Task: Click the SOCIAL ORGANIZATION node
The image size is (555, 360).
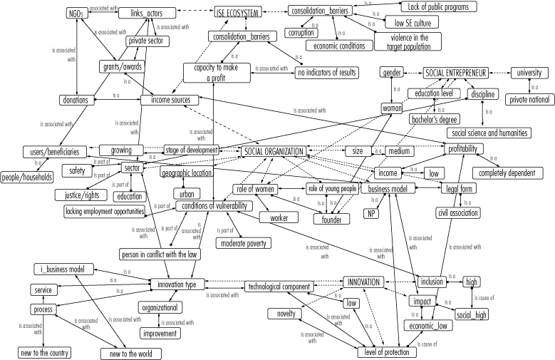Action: (274, 151)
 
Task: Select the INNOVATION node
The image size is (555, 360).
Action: (363, 282)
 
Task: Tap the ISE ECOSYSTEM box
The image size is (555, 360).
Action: (238, 12)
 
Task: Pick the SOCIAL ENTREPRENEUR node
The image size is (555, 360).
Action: (456, 73)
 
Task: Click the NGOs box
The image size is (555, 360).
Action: (76, 14)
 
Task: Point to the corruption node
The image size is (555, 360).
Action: (301, 33)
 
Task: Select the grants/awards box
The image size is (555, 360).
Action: (123, 67)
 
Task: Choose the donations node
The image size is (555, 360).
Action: (76, 100)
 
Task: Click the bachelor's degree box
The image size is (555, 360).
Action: (434, 119)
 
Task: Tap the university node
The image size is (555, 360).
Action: (529, 73)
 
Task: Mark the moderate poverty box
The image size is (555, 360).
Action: (244, 243)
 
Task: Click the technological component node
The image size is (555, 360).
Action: (279, 287)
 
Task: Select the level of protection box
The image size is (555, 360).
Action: (386, 352)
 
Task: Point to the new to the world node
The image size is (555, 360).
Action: (131, 354)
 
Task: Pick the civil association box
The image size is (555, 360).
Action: (458, 212)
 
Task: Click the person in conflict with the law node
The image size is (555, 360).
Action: (160, 254)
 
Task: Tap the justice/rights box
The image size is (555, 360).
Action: (81, 195)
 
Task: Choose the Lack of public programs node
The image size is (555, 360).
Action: (439, 7)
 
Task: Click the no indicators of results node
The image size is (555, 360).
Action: (327, 73)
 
